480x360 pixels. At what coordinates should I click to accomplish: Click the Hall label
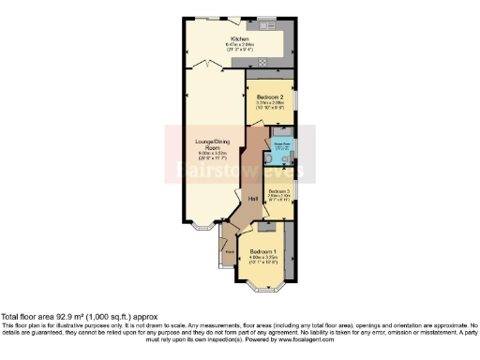point(252,199)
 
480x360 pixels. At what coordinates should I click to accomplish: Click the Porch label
point(229,251)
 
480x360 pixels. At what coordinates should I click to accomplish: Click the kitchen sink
point(267,22)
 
